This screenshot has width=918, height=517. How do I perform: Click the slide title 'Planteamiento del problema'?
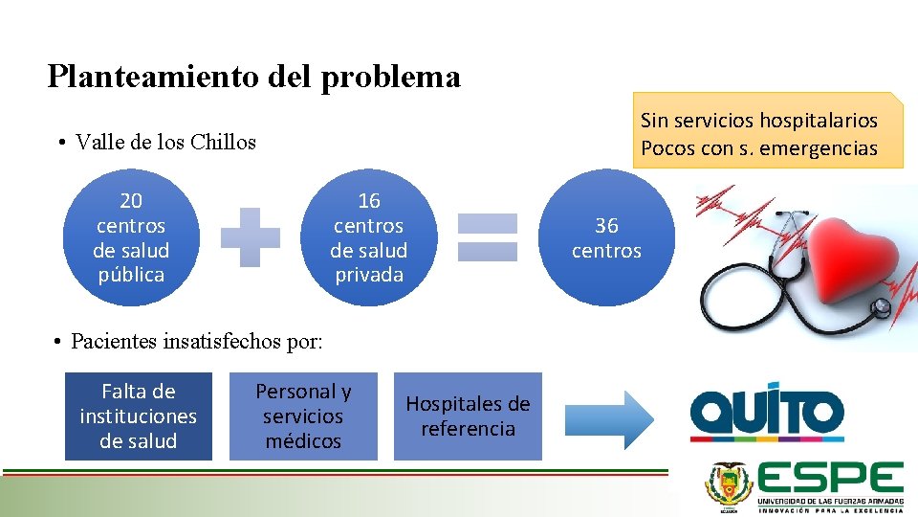pos(253,76)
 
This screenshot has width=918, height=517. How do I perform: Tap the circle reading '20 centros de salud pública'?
pos(131,238)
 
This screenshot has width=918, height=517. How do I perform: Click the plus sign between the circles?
pos(251,237)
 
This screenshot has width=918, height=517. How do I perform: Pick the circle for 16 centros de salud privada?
pos(368,238)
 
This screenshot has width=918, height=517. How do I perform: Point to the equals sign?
pos(488,237)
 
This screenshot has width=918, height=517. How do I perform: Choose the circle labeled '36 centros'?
pos(606,238)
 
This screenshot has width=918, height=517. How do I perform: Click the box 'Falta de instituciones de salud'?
pos(139,416)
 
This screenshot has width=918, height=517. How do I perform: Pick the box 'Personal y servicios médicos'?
pos(303,416)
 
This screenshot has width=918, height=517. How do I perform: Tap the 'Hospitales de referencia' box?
pos(468,416)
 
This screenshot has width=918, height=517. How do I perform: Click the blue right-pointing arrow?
pos(608,419)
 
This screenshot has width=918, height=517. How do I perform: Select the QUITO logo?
pos(767,416)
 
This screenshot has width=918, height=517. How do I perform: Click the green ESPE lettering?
pos(830,478)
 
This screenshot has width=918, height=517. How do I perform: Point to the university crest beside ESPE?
pos(729,484)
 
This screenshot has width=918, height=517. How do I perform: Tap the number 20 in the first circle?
pos(131,201)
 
